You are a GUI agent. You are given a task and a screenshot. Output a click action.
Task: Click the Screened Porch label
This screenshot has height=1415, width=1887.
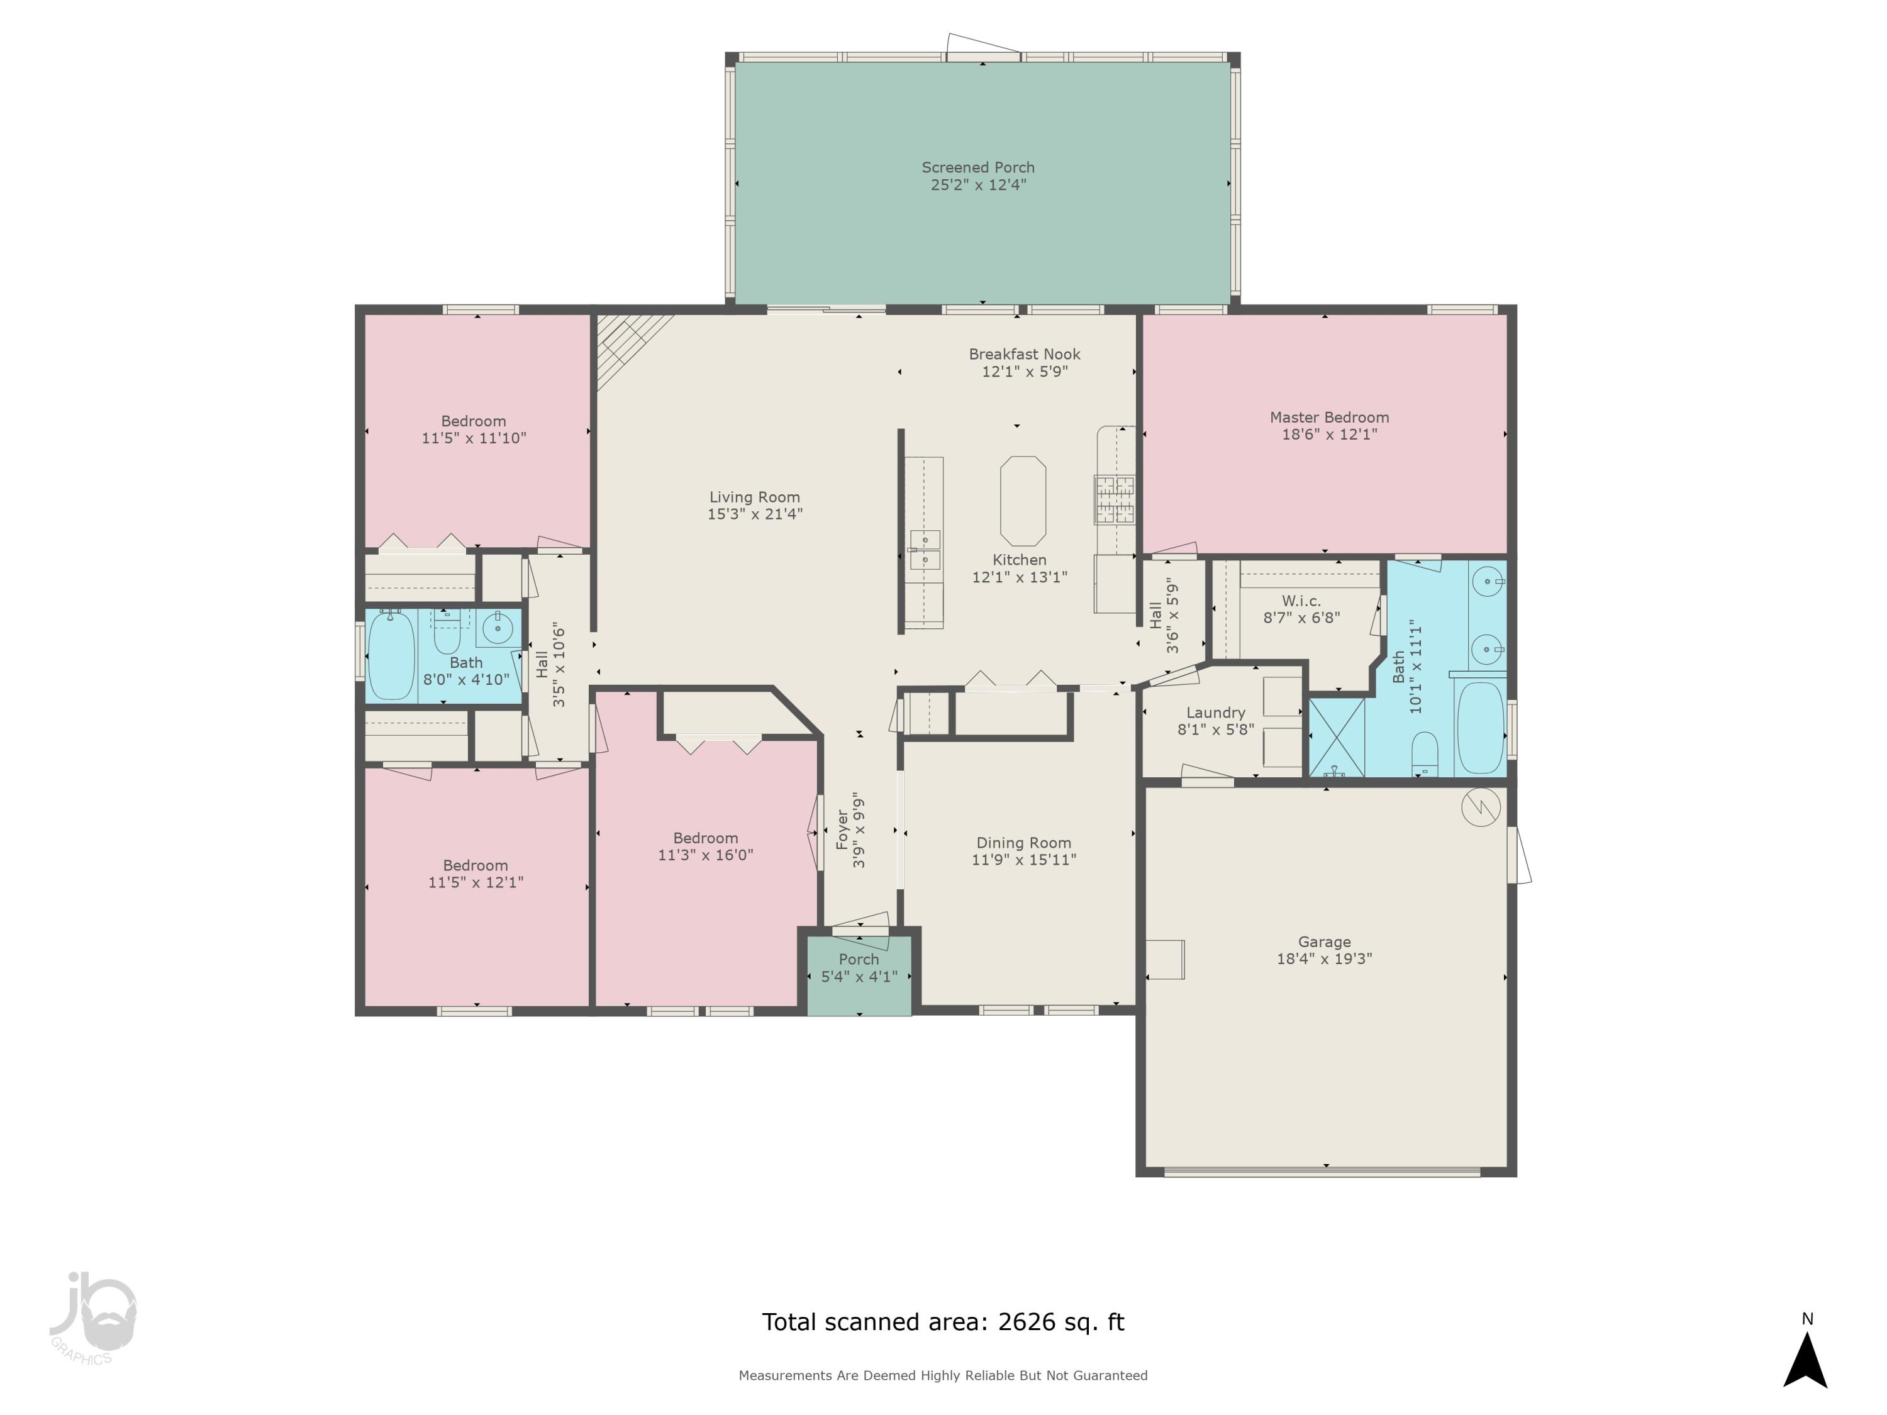(x=977, y=168)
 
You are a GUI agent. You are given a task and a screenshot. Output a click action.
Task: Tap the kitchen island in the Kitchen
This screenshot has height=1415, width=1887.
(x=1023, y=501)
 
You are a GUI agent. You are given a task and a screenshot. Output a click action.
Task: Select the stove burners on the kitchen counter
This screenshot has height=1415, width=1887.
(x=1115, y=499)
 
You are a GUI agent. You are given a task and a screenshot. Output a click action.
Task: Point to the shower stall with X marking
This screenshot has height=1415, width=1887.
(x=1336, y=737)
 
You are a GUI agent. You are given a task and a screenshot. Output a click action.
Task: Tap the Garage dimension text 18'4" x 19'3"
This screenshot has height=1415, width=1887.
(x=1324, y=958)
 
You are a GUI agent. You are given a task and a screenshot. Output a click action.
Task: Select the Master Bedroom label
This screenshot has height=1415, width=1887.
(x=1329, y=417)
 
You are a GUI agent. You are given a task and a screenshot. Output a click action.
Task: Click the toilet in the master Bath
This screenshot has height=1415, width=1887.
(x=1425, y=755)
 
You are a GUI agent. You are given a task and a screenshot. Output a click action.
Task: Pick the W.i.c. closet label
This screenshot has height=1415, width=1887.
(x=1301, y=601)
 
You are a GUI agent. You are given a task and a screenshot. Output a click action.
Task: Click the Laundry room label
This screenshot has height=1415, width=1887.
(x=1216, y=712)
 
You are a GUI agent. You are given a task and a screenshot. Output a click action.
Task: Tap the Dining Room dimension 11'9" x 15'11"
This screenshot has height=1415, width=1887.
(x=1023, y=860)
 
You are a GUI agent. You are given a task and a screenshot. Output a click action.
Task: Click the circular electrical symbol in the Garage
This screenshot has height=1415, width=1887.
(x=1480, y=807)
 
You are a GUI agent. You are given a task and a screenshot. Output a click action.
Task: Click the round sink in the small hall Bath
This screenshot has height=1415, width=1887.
(x=496, y=630)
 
